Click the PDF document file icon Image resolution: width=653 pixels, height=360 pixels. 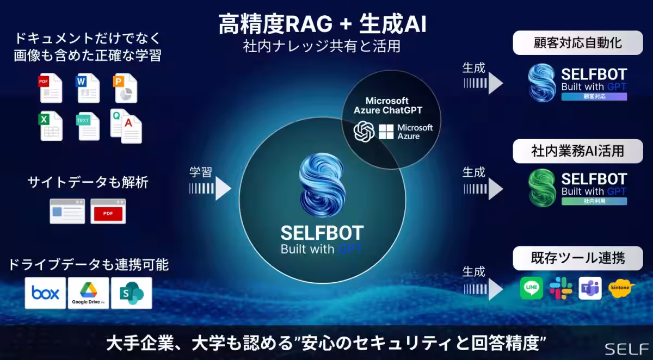pyautogui.click(x=51, y=88)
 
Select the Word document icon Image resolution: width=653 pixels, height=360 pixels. pyautogui.click(x=88, y=88)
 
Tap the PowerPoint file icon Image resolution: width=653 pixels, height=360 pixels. pyautogui.click(x=125, y=88)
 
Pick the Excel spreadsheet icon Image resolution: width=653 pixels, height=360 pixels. pyautogui.click(x=51, y=126)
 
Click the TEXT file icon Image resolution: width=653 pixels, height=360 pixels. pyautogui.click(x=88, y=126)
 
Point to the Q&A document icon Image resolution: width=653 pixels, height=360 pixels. pyautogui.click(x=126, y=126)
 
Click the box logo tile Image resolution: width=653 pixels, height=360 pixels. pyautogui.click(x=45, y=293)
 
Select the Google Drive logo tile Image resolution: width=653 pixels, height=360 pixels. pyautogui.click(x=88, y=293)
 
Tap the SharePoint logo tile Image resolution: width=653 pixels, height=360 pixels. pyautogui.click(x=132, y=293)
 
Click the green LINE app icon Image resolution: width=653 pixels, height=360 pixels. pyautogui.click(x=532, y=288)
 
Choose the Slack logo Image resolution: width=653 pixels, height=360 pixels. pyautogui.click(x=560, y=288)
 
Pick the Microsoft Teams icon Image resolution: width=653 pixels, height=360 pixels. pyautogui.click(x=590, y=288)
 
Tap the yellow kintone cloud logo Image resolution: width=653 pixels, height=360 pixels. pyautogui.click(x=621, y=288)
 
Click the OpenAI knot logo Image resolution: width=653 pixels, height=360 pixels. pyautogui.click(x=364, y=132)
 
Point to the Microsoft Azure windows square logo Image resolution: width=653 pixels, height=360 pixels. pyautogui.click(x=386, y=132)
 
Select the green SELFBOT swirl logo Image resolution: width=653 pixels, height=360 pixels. pyautogui.click(x=542, y=188)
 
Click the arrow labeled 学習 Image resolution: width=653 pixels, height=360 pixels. pyautogui.click(x=210, y=189)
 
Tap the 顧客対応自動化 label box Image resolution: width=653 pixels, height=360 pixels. pyautogui.click(x=578, y=43)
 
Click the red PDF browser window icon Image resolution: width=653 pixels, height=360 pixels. pyautogui.click(x=108, y=211)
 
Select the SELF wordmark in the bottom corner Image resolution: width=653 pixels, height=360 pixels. pyautogui.click(x=626, y=349)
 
